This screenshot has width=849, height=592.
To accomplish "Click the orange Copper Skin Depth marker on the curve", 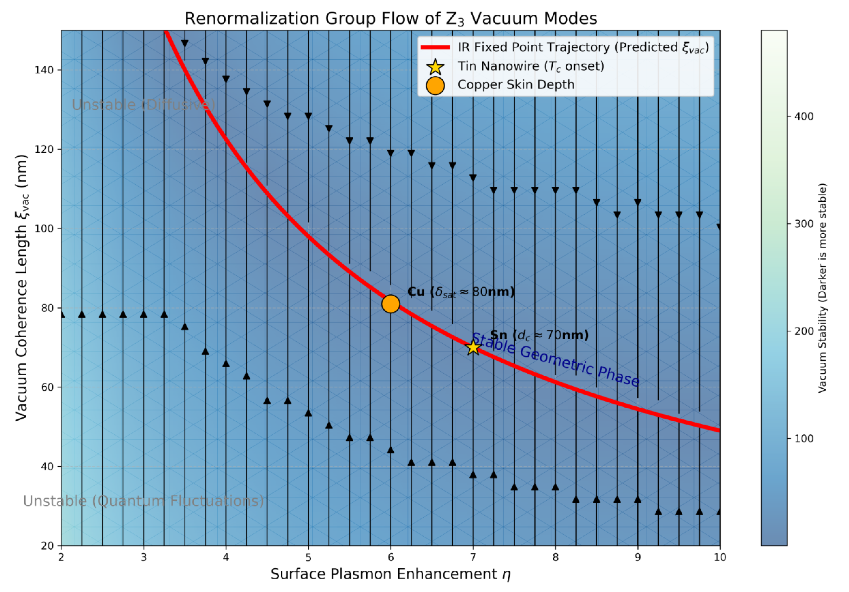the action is click(391, 304).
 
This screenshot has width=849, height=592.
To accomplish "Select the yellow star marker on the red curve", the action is click(473, 347).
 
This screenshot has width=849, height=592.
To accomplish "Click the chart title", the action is click(391, 18).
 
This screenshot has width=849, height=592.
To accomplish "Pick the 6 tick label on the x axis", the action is click(391, 557).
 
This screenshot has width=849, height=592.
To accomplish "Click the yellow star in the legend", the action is click(435, 67).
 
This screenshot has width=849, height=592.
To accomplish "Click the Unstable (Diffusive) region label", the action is click(143, 105).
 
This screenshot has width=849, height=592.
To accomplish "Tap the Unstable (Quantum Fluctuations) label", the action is click(143, 501).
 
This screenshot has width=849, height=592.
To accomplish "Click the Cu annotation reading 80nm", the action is click(461, 292).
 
